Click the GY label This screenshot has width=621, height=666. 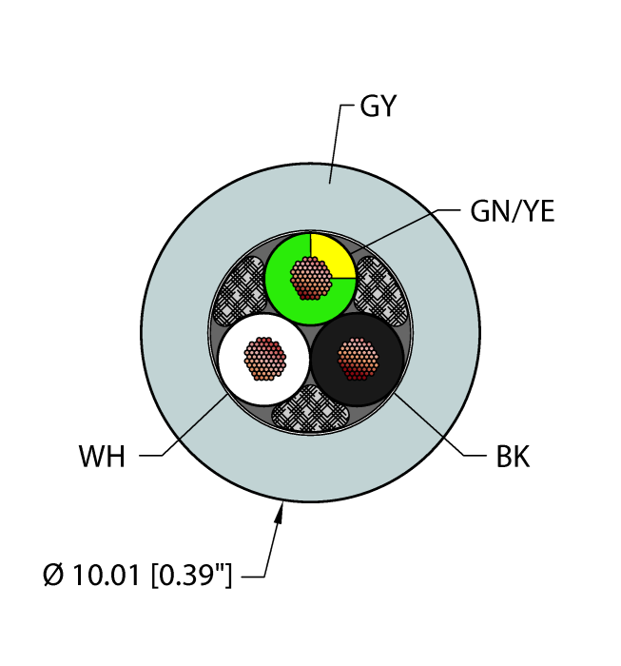tap(378, 108)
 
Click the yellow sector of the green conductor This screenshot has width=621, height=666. tap(331, 252)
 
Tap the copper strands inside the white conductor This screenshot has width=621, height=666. tap(265, 358)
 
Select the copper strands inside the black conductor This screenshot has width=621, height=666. tap(359, 358)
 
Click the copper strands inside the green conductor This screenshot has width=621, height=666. tap(311, 278)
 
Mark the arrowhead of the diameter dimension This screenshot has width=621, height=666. tap(281, 514)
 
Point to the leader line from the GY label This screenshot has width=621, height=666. tap(335, 143)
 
